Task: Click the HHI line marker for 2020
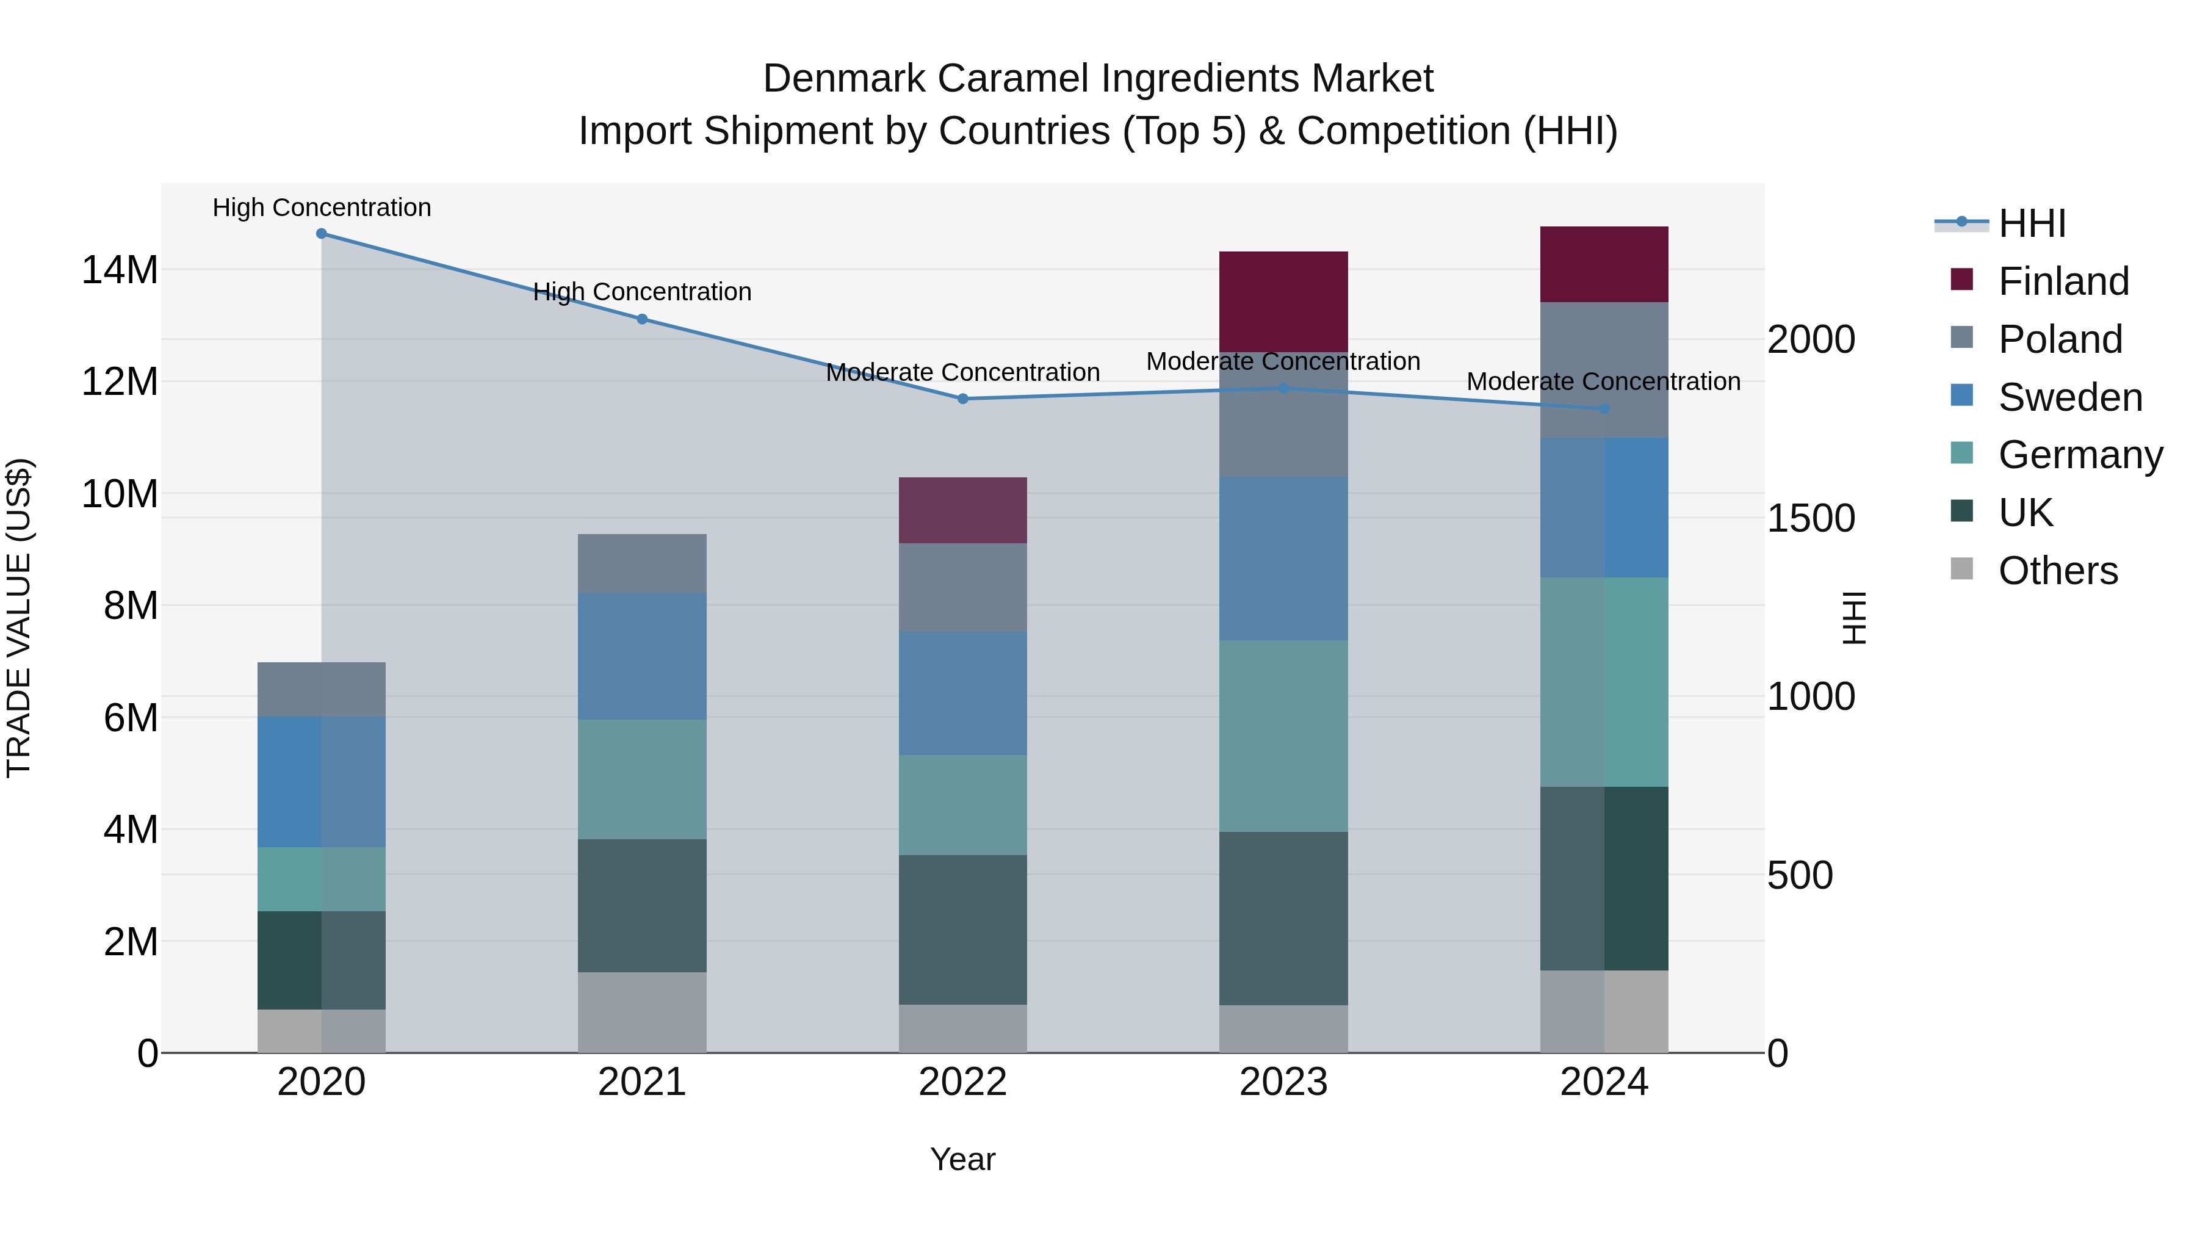pos(322,234)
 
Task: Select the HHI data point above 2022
pos(963,399)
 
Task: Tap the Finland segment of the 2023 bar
pos(1283,301)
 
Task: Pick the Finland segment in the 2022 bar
pos(963,510)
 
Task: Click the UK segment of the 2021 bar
pos(642,905)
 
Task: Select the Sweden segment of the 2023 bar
pos(1283,558)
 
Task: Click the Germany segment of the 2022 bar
pos(963,804)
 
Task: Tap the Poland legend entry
pos(2059,339)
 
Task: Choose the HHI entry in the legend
pos(2032,223)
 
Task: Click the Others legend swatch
pos(1961,569)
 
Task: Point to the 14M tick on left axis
pos(120,270)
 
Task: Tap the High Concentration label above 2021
pos(642,292)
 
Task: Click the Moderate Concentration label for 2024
pos(1603,381)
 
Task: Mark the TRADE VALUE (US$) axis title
pos(19,618)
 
